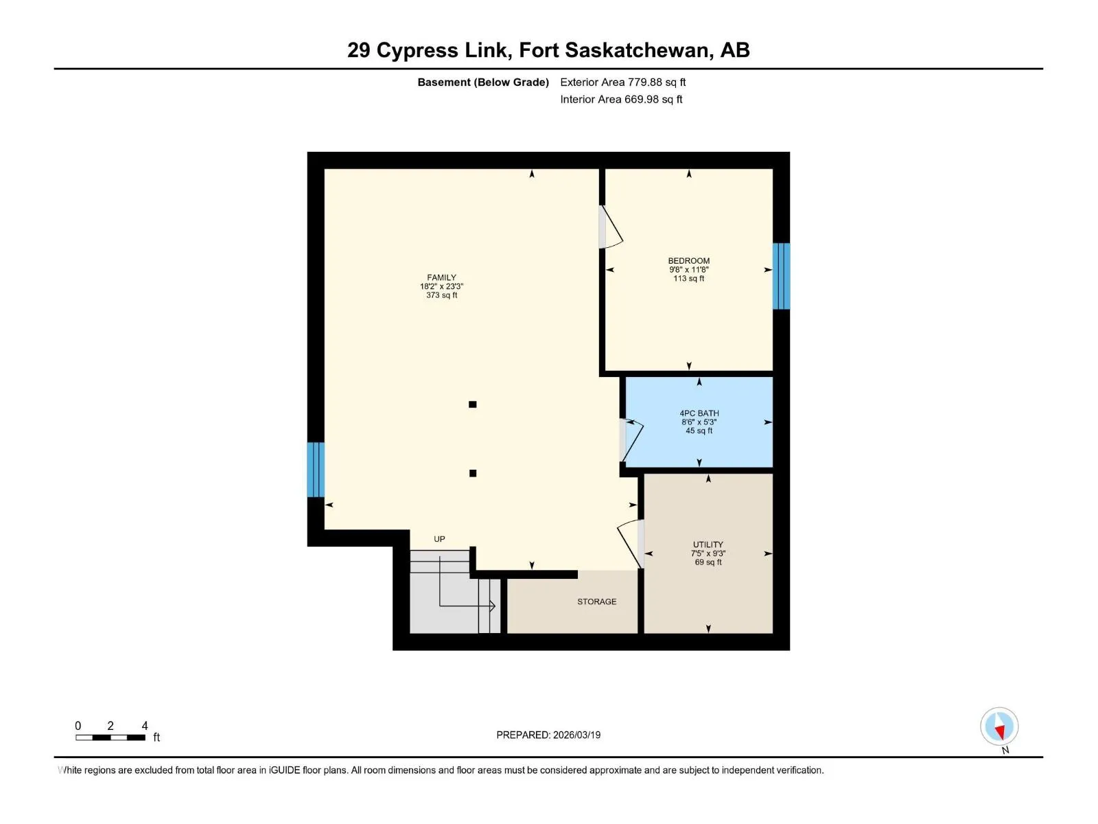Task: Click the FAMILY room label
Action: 441,277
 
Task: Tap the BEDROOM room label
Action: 688,261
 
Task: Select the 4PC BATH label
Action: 699,413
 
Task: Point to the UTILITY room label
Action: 708,545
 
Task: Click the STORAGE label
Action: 596,602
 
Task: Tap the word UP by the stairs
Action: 439,539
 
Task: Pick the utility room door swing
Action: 629,543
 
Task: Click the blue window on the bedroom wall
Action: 782,276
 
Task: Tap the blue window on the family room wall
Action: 316,470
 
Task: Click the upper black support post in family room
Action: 472,404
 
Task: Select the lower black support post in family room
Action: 473,473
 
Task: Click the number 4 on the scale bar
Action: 145,725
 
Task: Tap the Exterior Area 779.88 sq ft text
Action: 623,82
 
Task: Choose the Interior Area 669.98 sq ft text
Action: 621,99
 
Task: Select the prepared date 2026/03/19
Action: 576,735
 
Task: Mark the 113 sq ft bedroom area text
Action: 688,278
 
